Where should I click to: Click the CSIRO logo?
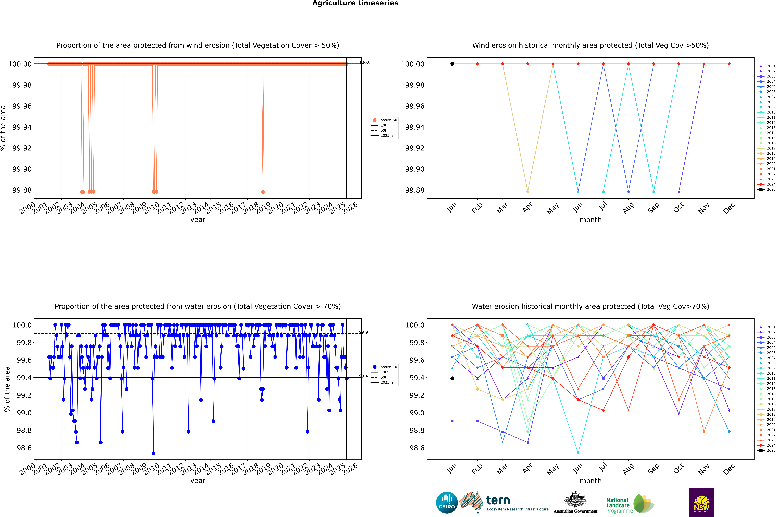pos(447,503)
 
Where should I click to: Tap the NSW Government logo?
pos(702,503)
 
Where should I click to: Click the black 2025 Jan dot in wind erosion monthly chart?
pos(452,64)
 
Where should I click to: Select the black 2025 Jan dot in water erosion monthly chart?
pos(452,378)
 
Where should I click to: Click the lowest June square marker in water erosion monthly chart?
pos(578,453)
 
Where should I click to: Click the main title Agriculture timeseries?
pos(355,3)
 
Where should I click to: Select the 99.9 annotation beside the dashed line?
pos(364,332)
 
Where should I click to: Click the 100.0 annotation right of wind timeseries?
pos(365,62)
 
